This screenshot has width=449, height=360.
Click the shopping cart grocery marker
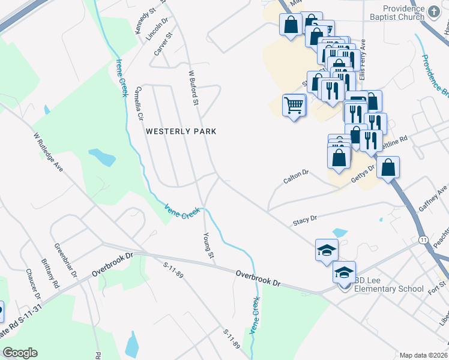(x=294, y=105)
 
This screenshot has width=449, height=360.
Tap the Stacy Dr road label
(x=304, y=221)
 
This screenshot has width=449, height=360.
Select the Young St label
(x=209, y=246)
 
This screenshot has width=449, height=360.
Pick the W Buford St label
(x=193, y=88)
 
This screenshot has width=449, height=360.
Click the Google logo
(x=20, y=353)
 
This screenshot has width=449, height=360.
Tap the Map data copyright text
(x=424, y=355)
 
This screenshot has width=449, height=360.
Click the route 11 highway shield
(x=423, y=240)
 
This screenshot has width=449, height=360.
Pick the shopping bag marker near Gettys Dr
(x=388, y=167)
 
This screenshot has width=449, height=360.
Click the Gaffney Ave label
(x=433, y=197)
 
